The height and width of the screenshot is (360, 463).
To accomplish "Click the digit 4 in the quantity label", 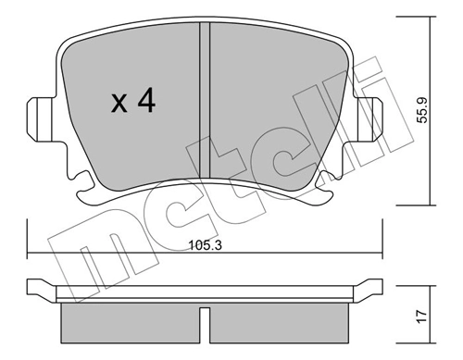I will [x=144, y=101].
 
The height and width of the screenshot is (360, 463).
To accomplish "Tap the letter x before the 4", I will [x=119, y=104].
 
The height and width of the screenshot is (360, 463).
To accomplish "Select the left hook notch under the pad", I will [x=86, y=186].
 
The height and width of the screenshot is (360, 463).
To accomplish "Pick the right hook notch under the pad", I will [x=326, y=186].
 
